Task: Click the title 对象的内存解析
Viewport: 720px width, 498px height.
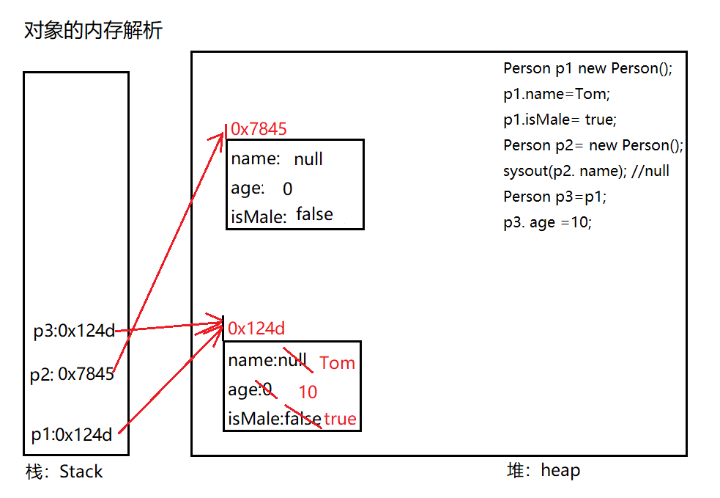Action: click(93, 30)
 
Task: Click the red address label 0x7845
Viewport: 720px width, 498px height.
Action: click(259, 129)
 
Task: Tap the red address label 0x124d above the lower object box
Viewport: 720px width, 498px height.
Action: click(256, 329)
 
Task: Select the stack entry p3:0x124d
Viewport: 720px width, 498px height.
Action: click(74, 331)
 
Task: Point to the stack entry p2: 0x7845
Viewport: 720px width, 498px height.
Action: click(72, 374)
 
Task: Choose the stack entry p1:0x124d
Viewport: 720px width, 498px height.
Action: click(72, 434)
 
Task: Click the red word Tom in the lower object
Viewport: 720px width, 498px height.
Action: click(338, 363)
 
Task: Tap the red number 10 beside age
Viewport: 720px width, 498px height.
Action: click(308, 392)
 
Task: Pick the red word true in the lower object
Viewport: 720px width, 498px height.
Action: click(340, 419)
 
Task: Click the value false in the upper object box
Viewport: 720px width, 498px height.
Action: click(314, 214)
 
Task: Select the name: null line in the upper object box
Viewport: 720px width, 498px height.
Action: click(277, 159)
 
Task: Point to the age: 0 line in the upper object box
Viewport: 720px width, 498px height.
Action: click(261, 188)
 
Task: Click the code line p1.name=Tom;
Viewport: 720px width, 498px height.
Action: click(557, 95)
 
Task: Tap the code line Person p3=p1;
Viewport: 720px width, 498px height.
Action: click(554, 197)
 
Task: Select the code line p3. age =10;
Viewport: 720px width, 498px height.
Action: click(547, 222)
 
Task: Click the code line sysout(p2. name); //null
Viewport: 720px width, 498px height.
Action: click(587, 171)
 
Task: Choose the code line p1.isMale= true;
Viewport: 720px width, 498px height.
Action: click(560, 120)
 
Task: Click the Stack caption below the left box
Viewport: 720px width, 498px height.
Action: click(64, 472)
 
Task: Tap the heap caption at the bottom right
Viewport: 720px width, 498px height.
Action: click(543, 470)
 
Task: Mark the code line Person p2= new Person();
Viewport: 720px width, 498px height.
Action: click(593, 146)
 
